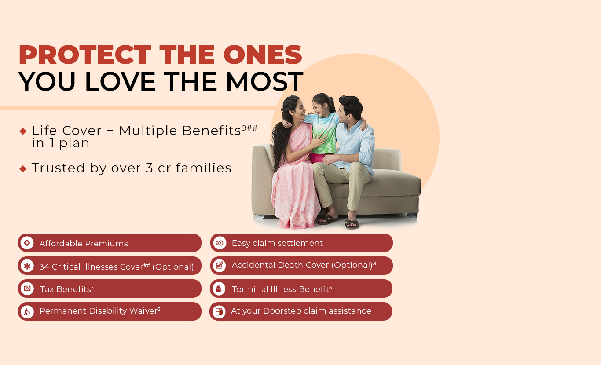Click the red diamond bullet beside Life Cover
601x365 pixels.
click(23, 131)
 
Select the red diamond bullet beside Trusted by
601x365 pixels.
click(23, 169)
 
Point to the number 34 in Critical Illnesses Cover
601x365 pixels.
click(44, 267)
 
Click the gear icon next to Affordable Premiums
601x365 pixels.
click(27, 243)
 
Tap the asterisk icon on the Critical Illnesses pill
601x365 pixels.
click(27, 266)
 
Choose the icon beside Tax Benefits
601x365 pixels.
click(27, 288)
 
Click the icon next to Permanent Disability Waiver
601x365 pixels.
click(27, 312)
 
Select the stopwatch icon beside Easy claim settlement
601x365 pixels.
click(220, 243)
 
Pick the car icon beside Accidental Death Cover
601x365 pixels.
click(220, 266)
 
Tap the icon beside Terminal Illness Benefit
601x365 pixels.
click(219, 288)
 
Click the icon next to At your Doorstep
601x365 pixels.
click(219, 312)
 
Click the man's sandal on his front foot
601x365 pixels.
click(352, 224)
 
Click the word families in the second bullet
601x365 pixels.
click(204, 168)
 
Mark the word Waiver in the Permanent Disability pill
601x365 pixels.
click(143, 310)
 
